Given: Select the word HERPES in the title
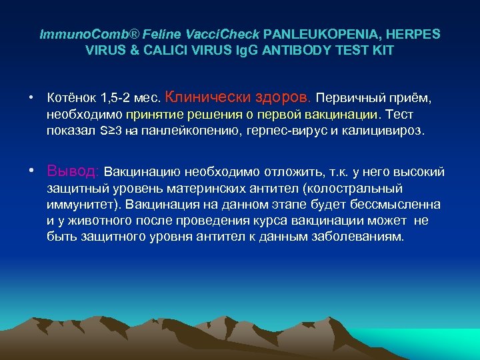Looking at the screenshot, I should point(416,33).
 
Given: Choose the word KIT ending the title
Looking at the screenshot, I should point(382,50).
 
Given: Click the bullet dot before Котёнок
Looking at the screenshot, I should point(32,99).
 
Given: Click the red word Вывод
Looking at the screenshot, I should point(73,171).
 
